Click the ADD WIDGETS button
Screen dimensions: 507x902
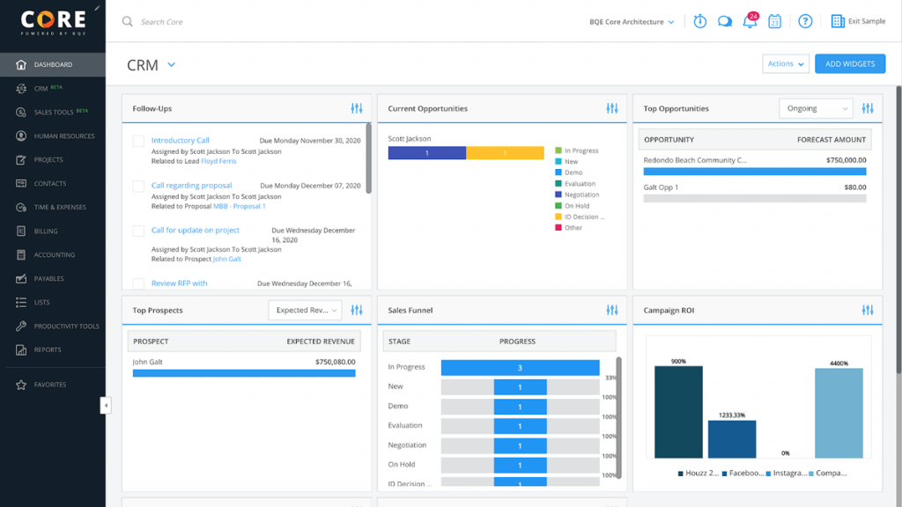coord(850,64)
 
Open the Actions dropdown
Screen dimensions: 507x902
coord(786,64)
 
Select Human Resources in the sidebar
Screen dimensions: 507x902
coord(63,136)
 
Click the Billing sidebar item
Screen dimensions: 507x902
coord(46,231)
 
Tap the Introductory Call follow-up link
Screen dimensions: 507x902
coord(180,141)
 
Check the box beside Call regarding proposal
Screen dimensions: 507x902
coord(138,186)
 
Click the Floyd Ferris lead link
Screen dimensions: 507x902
coord(218,161)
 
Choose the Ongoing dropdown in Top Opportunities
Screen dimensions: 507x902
coord(816,108)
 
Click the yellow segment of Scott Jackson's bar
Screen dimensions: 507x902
coord(505,153)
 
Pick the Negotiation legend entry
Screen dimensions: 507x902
coord(581,195)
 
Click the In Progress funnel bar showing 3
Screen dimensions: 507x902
coord(520,368)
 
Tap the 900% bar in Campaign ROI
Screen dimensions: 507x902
coord(678,412)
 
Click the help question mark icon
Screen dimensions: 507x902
coord(805,21)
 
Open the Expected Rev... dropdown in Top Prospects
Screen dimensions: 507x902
coord(304,310)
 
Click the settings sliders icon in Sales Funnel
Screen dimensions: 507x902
coord(612,310)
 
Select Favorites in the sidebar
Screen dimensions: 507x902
coord(49,385)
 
